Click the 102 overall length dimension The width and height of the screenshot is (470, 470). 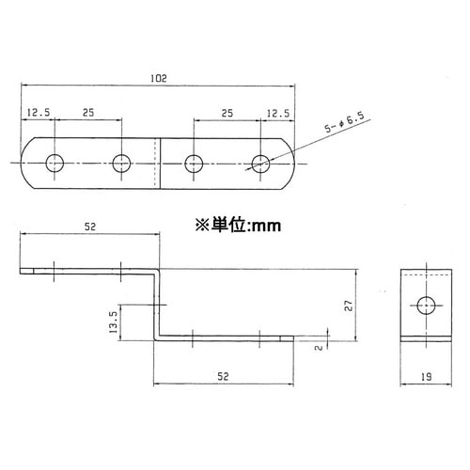point(158,79)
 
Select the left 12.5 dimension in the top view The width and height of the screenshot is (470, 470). point(39,112)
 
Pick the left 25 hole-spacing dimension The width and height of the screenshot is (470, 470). point(86,112)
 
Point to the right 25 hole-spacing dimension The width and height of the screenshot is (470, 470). point(227,112)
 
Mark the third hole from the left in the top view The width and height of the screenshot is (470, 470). point(194,164)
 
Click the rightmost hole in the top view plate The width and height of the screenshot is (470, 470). point(261,164)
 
